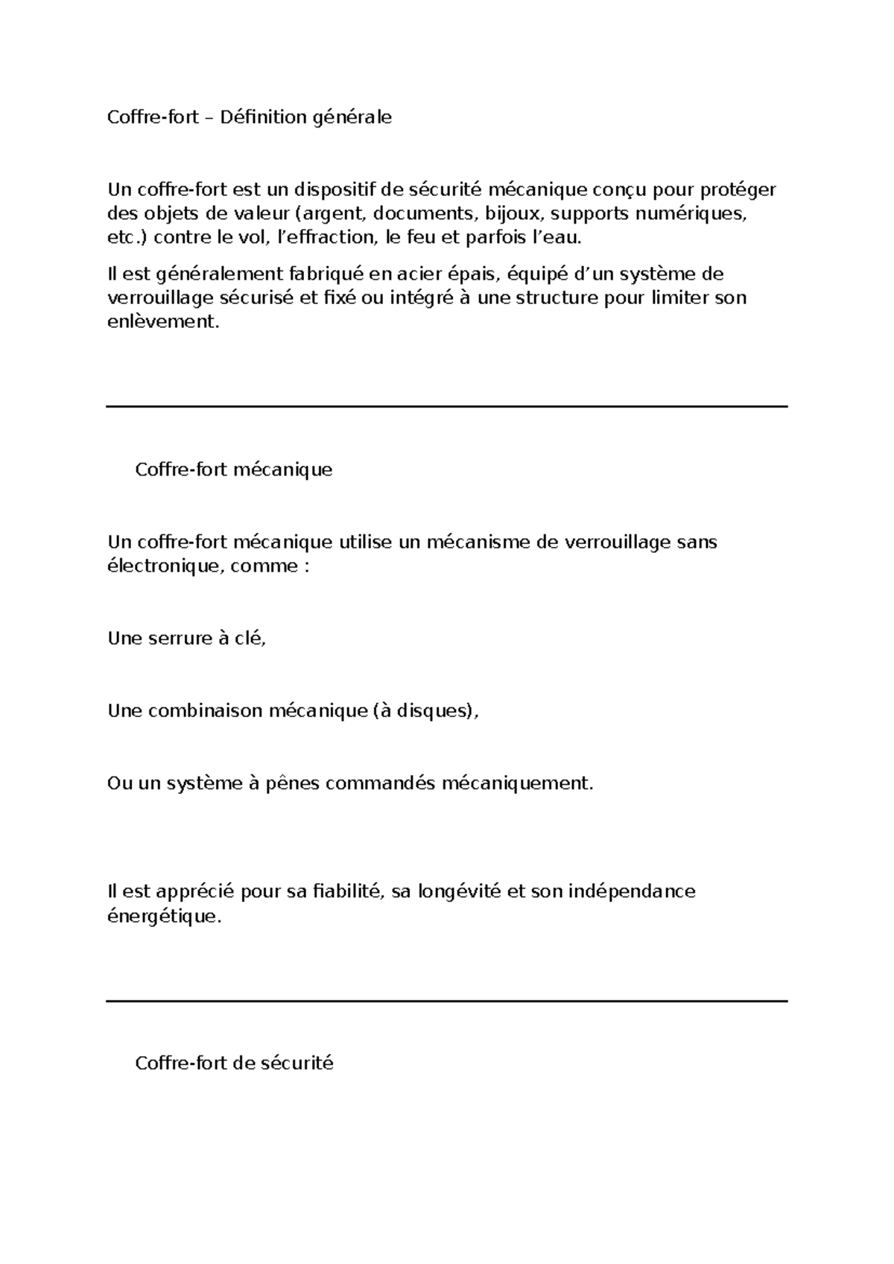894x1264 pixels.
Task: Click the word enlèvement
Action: (x=164, y=322)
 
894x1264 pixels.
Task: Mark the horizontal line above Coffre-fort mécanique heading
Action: (x=447, y=406)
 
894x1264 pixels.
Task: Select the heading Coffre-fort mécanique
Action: (x=233, y=470)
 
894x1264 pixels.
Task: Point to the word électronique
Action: (x=165, y=566)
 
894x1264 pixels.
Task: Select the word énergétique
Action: (x=165, y=916)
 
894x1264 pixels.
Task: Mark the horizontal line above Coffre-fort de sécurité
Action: (x=447, y=1001)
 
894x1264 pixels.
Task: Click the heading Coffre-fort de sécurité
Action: (x=234, y=1063)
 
